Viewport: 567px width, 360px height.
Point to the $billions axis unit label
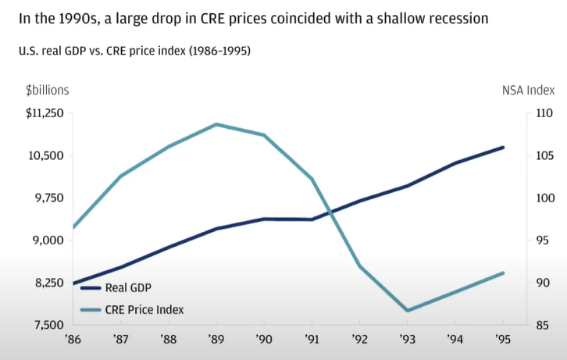(x=37, y=90)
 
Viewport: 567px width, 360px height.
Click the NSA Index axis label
(x=528, y=90)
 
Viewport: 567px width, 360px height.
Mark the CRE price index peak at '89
(x=216, y=124)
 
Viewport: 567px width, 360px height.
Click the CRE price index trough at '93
(x=408, y=311)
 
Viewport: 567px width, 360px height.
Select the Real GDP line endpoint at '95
(x=503, y=148)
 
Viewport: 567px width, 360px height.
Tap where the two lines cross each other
(x=332, y=211)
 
